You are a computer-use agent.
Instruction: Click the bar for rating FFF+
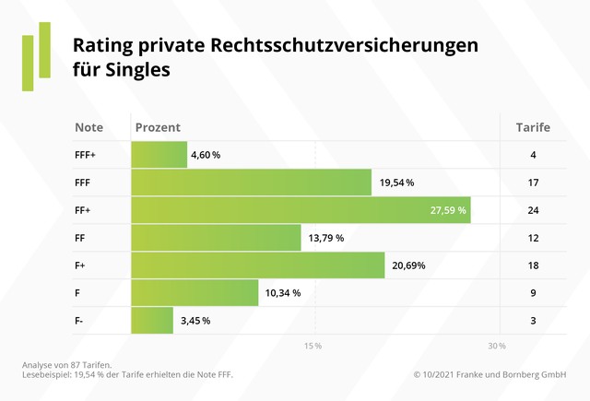[159, 155]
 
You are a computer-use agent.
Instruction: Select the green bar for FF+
[301, 210]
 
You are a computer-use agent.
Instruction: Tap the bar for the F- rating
[152, 321]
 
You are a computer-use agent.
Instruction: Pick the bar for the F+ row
[258, 265]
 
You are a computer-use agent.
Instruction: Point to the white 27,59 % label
[449, 210]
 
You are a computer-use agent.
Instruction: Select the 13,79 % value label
[325, 238]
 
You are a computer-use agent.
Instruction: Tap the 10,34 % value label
[283, 293]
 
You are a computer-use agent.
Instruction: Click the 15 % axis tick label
[313, 346]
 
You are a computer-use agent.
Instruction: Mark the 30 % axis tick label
[497, 346]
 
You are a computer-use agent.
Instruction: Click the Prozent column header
[157, 127]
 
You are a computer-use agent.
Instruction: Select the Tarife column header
[533, 127]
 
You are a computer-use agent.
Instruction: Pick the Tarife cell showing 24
[533, 210]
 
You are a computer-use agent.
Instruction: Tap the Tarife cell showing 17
[533, 183]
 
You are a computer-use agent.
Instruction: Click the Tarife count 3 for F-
[533, 321]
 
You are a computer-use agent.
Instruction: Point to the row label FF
[80, 238]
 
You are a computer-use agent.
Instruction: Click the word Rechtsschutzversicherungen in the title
[345, 45]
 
